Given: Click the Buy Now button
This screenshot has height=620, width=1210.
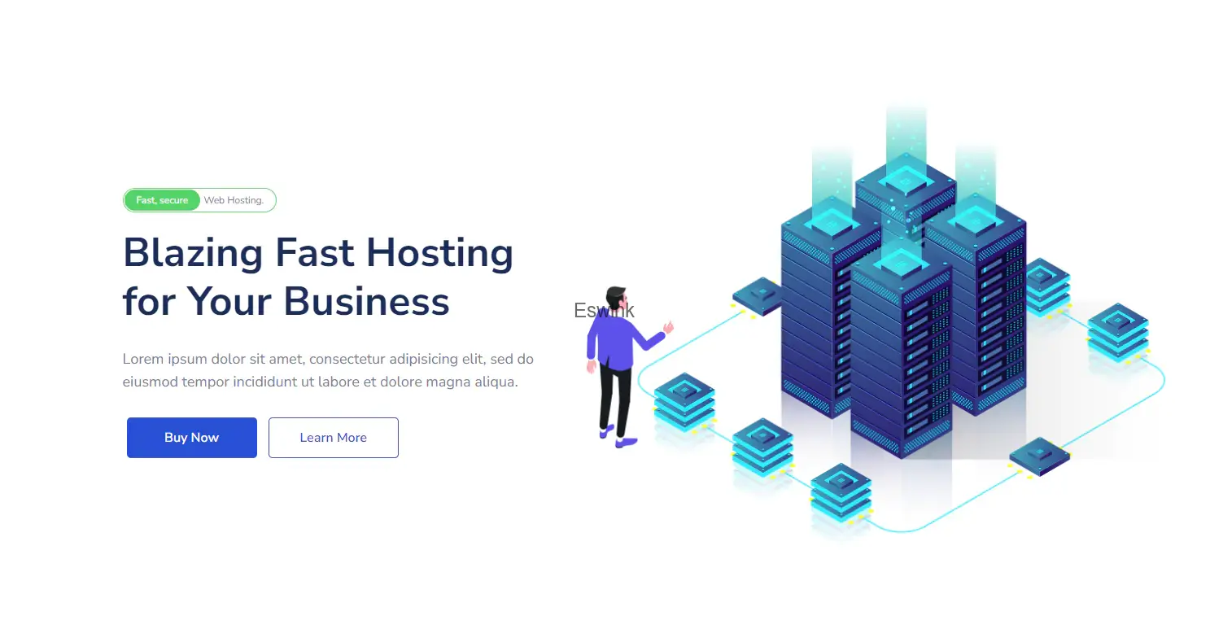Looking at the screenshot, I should click(192, 438).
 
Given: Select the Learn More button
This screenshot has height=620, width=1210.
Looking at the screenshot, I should click(334, 438).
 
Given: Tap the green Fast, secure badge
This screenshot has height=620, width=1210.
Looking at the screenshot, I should click(162, 200).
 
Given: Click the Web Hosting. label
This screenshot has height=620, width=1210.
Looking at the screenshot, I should click(234, 200).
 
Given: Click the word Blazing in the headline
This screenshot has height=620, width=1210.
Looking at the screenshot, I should click(193, 252).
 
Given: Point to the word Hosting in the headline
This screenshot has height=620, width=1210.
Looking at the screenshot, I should click(439, 252).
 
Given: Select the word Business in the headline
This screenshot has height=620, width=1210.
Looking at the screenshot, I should click(366, 301).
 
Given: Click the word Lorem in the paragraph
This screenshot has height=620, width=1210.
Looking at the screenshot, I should click(142, 359).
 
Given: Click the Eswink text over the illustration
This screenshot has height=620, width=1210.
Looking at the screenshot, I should click(604, 310).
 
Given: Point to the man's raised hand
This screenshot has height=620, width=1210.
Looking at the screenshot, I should click(669, 327).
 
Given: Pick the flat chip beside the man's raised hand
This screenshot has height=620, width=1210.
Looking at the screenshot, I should click(756, 295).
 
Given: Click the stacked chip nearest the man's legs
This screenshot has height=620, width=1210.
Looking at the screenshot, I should click(684, 401).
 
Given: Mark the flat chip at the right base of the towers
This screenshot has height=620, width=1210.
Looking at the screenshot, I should click(1039, 456).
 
